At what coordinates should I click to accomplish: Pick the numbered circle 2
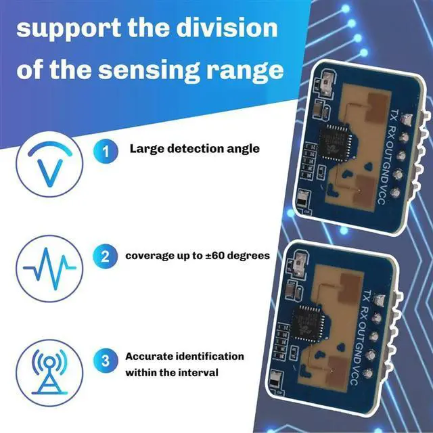(105, 256)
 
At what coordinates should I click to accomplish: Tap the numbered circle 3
(105, 362)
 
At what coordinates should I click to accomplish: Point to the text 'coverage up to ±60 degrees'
(198, 256)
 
